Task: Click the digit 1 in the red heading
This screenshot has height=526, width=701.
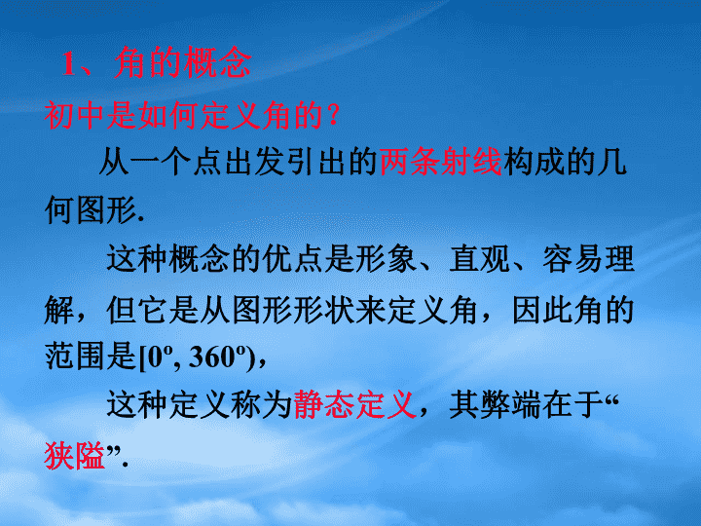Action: (69, 63)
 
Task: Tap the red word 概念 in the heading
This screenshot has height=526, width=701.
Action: (217, 63)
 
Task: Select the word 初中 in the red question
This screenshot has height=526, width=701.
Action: (75, 115)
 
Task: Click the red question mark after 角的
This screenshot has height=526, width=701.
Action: (333, 115)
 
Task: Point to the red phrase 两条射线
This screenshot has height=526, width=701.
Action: (440, 162)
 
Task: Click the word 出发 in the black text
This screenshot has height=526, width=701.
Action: (255, 162)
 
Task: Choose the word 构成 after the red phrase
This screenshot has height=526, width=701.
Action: (534, 162)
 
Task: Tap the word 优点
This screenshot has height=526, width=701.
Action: (293, 259)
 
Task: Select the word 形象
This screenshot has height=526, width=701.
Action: (387, 259)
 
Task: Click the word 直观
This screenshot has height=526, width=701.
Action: (480, 259)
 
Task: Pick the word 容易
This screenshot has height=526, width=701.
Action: (573, 259)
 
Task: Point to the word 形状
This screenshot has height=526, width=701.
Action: (324, 310)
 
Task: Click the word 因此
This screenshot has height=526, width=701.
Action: (542, 310)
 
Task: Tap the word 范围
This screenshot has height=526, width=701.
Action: (75, 357)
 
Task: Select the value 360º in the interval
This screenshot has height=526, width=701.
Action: (218, 357)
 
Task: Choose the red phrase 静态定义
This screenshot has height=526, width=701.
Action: (355, 405)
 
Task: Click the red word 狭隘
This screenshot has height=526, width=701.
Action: (75, 456)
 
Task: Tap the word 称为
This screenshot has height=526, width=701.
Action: (262, 405)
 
